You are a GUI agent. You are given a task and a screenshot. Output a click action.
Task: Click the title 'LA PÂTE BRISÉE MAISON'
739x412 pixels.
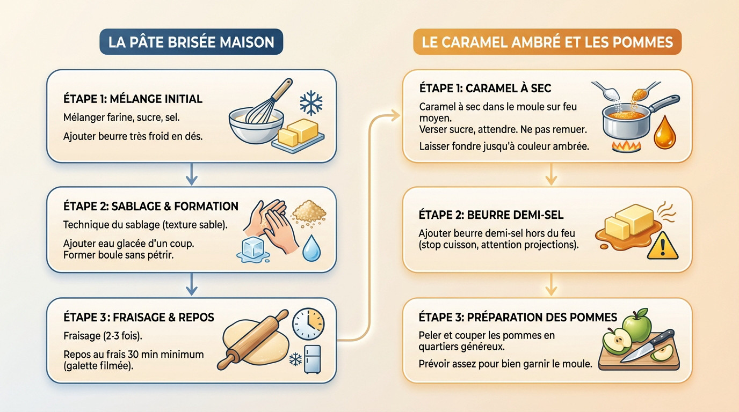(x=191, y=42)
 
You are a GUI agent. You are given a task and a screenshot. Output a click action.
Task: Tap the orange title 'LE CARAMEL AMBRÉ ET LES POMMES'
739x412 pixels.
(x=547, y=42)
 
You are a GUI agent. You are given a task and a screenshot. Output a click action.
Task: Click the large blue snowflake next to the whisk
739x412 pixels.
(x=310, y=103)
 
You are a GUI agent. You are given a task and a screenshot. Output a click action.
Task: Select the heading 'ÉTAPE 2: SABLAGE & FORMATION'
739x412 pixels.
(x=151, y=207)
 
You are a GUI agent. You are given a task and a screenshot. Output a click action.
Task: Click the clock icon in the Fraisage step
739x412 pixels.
(x=308, y=323)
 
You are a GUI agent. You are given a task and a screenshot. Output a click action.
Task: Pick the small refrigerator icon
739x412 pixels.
(x=313, y=358)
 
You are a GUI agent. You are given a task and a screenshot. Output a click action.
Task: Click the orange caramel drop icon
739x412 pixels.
(x=664, y=132)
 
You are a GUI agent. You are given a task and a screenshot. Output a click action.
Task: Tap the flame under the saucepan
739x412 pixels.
(x=626, y=145)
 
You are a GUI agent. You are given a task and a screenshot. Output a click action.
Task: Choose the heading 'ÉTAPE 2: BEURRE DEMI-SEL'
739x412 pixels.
(x=491, y=215)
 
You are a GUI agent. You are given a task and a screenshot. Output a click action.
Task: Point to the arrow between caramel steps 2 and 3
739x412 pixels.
(x=549, y=284)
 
